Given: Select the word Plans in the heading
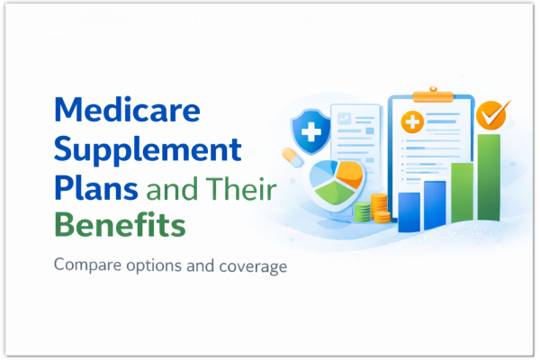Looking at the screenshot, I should pos(95,188).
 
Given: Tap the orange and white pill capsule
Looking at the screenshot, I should pos(294,159).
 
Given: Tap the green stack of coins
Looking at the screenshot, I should pos(363,212).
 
